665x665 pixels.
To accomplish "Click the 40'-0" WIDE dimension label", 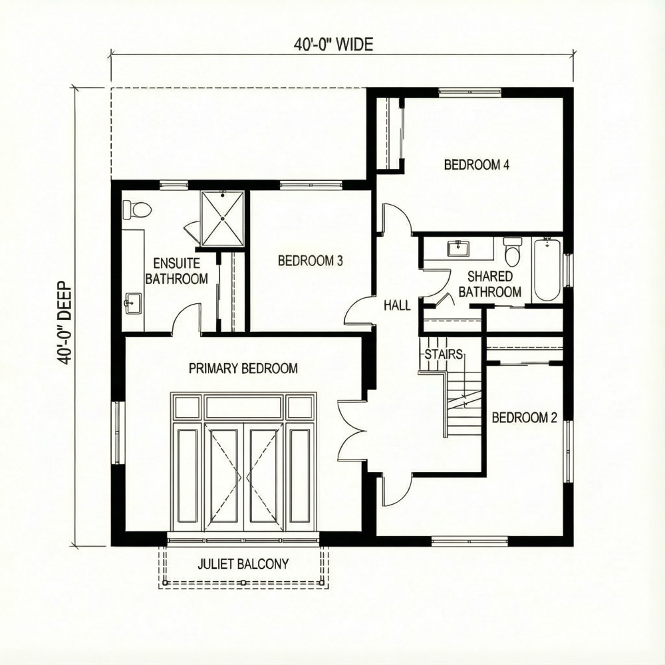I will pos(334,45).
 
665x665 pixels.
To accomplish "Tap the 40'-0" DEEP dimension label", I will pos(65,322).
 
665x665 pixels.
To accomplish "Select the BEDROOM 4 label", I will pos(477,165).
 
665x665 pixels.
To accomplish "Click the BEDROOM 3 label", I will pos(310,261).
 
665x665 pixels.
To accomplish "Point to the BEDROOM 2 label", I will pos(524,418).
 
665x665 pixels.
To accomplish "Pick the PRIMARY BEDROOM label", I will pos(243,368).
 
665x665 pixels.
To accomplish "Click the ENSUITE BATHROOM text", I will pos(176,271).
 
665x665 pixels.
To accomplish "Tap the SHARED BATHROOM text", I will pos(489,284).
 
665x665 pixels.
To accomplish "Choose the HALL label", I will pos(397,306).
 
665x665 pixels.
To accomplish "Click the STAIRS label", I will pos(444,354).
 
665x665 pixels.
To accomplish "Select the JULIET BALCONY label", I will pos(243,565).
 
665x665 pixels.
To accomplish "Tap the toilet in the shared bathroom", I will pos(512,251).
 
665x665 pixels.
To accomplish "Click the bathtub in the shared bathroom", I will pos(547,269).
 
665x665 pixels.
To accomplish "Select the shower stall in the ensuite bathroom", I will pos(223,218).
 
